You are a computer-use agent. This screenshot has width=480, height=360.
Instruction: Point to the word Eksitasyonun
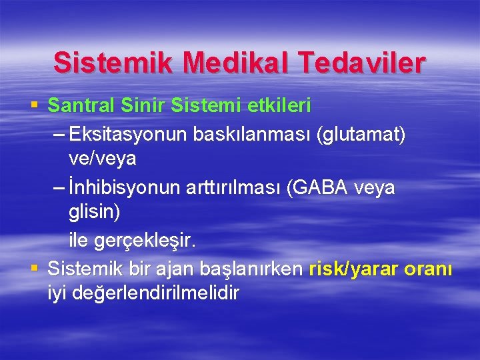point(129,135)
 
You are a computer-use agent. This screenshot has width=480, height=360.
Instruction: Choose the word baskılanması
point(254,135)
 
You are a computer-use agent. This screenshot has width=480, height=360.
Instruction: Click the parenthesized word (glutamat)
point(362,135)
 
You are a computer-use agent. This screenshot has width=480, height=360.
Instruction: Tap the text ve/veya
point(103,159)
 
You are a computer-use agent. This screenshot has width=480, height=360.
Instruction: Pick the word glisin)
point(95,212)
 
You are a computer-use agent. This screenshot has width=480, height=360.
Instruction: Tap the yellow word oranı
point(427,269)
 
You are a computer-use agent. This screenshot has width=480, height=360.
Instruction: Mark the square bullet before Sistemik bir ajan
point(35,269)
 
